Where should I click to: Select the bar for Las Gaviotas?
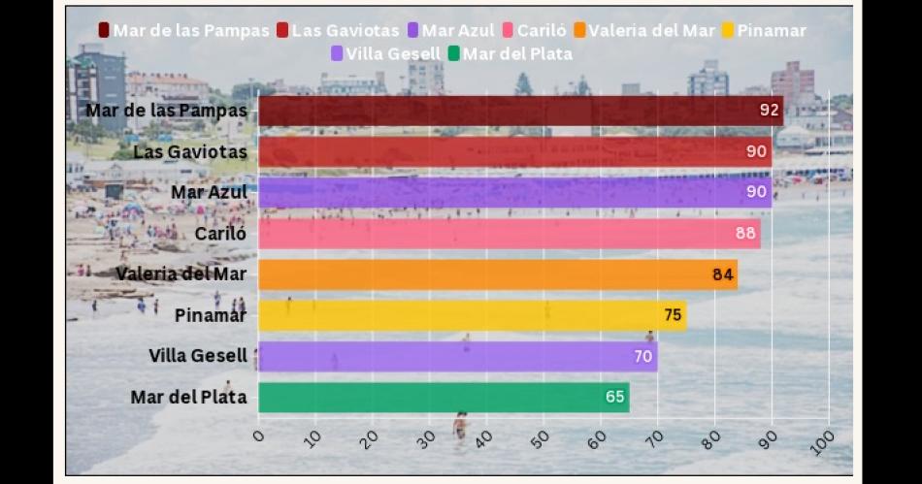click(514, 151)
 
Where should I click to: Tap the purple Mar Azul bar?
click(514, 192)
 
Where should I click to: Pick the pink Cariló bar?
click(509, 234)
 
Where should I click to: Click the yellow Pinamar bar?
click(472, 315)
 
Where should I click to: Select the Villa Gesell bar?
click(457, 356)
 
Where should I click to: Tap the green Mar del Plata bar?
click(443, 398)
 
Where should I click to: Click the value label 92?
click(769, 111)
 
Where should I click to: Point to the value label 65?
click(614, 398)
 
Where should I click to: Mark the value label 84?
click(722, 274)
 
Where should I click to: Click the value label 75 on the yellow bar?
click(672, 315)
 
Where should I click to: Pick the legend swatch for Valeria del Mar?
click(579, 30)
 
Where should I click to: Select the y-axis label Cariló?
click(220, 234)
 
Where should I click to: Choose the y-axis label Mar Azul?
click(208, 192)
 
